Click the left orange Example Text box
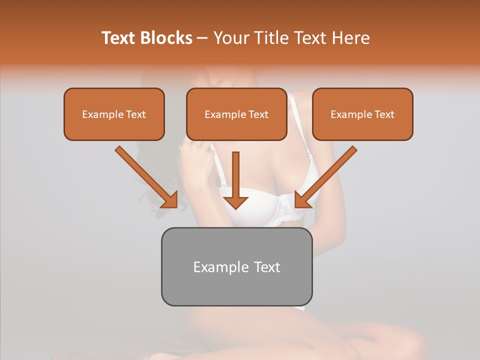(x=114, y=114)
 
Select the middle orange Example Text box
(x=236, y=114)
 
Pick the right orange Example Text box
(x=362, y=114)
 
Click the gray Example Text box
(x=236, y=266)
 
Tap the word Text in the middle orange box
(x=258, y=114)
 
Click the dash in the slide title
(x=202, y=38)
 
